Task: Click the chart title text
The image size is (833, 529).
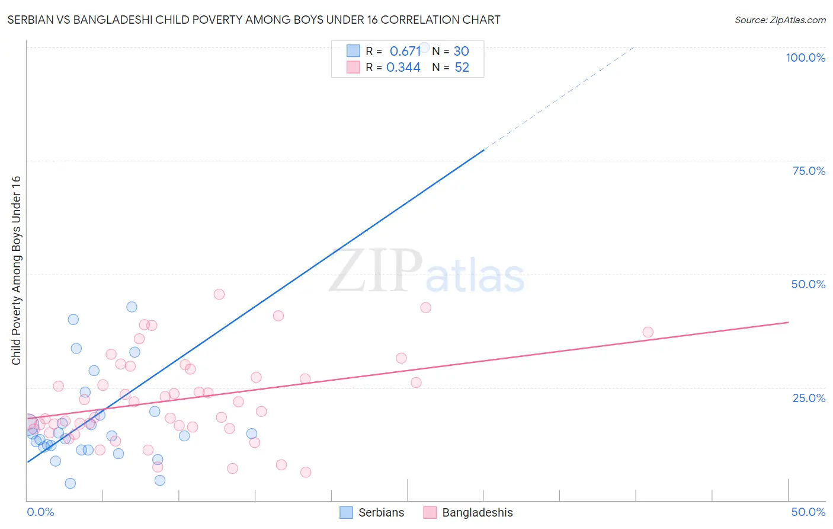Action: point(254,20)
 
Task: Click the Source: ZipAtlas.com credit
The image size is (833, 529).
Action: point(780,20)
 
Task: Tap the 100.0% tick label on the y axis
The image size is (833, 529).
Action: point(805,58)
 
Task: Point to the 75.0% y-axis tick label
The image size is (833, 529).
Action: point(809,171)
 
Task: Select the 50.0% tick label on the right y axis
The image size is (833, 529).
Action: point(808,284)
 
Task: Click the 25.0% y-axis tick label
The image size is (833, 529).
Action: point(809,398)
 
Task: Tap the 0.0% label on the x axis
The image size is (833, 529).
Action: point(40,512)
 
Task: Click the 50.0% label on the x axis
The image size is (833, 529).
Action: point(808,512)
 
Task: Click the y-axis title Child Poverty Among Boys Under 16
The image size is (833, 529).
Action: point(16,270)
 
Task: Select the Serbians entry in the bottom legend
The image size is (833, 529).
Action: point(372,512)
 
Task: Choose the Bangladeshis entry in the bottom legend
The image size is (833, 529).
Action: point(468,512)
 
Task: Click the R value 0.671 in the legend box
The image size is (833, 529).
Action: point(405,51)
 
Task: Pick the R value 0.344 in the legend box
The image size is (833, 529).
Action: point(403,68)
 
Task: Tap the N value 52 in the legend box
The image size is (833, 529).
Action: point(462,68)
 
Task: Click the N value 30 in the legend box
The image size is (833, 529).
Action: point(461,51)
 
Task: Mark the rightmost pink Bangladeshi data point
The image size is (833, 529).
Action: point(648,332)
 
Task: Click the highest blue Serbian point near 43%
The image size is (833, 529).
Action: point(132,307)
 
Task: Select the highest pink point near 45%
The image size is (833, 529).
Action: point(219,294)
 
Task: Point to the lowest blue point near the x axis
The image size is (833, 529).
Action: point(70,483)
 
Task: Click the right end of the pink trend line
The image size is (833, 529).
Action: point(788,322)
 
